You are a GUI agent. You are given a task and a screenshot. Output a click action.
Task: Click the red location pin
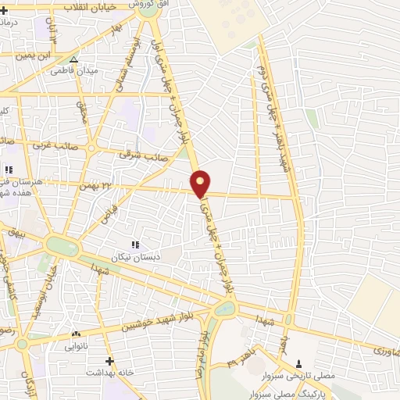pyautogui.click(x=201, y=183)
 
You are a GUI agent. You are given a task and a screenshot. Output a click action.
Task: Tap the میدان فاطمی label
pyautogui.click(x=73, y=71)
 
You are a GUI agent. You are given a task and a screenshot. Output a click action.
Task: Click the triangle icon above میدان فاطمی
pyautogui.click(x=73, y=59)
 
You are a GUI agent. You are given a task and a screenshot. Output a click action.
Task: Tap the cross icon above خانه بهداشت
pyautogui.click(x=110, y=361)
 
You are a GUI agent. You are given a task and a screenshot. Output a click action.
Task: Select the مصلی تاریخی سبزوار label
pyautogui.click(x=303, y=376)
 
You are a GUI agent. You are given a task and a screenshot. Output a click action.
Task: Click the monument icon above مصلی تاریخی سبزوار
pyautogui.click(x=298, y=363)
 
